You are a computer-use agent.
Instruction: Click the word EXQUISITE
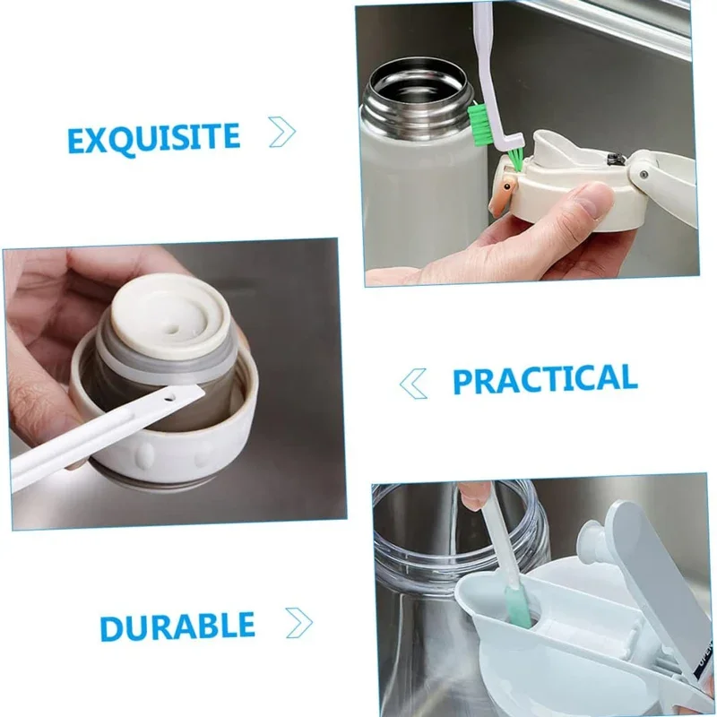coord(153,137)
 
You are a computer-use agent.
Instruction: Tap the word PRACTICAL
coord(544,379)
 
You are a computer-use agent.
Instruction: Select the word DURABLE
coord(177,626)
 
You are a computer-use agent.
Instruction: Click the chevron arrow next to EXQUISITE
coord(282,133)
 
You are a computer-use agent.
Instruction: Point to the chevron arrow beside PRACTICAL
coord(413,384)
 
